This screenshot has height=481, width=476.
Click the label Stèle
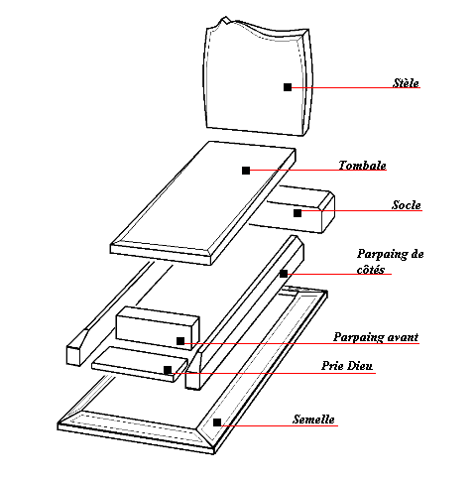click(406, 82)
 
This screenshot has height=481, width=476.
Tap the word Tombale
click(362, 165)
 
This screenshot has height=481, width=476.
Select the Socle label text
click(407, 205)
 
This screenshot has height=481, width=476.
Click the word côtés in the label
click(371, 270)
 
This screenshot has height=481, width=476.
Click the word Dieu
click(360, 366)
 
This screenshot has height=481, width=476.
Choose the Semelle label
click(313, 420)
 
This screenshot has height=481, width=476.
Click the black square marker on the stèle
click(288, 87)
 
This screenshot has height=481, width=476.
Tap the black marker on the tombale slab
click(246, 171)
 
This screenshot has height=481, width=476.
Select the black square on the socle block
click(297, 213)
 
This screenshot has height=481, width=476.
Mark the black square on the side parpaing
click(284, 274)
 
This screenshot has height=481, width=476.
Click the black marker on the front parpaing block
click(180, 341)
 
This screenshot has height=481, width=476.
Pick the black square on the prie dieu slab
click(168, 370)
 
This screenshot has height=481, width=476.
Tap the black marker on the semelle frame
click(217, 422)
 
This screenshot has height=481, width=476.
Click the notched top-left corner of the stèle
click(225, 19)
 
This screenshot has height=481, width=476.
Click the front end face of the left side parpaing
click(74, 355)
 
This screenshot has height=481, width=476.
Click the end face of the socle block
click(328, 216)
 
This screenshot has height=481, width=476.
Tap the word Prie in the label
click(332, 366)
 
